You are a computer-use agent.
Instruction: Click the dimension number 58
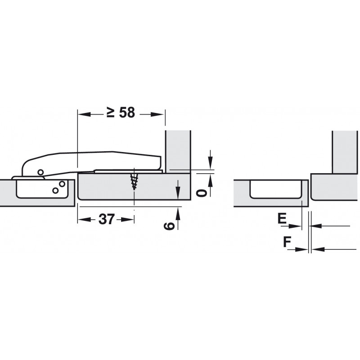point(127,113)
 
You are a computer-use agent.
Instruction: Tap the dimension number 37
point(106,219)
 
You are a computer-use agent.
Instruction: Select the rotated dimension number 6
point(169,226)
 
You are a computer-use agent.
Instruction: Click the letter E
point(282,218)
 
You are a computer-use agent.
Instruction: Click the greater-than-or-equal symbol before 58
point(111,112)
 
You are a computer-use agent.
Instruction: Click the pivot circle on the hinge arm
point(40,172)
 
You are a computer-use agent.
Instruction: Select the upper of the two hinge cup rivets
point(62,184)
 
